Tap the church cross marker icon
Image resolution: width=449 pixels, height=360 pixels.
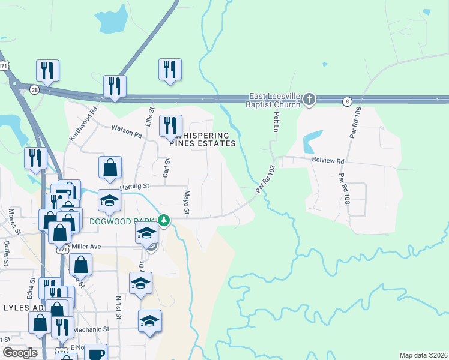click(309, 100)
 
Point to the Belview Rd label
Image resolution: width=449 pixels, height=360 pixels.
click(327, 161)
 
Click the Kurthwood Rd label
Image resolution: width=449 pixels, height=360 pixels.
click(83, 124)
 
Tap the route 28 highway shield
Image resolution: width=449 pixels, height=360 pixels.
click(35, 89)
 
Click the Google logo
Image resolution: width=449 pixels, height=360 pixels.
click(20, 353)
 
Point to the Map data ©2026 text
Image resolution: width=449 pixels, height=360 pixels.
click(423, 355)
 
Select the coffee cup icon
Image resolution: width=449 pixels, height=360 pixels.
click(95, 353)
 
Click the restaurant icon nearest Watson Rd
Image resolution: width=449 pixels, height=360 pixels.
click(170, 125)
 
